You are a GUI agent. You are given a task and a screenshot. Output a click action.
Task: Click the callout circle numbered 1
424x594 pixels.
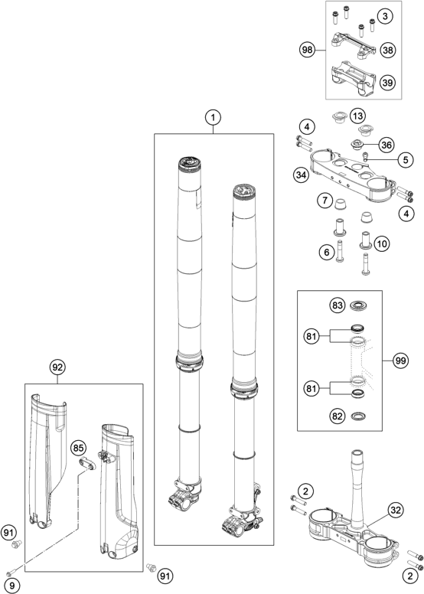[x=213, y=117]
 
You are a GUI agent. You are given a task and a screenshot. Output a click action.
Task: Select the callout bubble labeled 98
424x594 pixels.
[x=308, y=50]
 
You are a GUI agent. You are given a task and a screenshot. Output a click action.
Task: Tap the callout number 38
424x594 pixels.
[x=387, y=50]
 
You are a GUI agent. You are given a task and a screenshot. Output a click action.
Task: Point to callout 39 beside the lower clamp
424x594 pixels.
[x=387, y=82]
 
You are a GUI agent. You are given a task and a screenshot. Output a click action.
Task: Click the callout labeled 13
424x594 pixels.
[x=357, y=116]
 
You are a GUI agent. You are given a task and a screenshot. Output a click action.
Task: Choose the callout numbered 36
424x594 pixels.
[x=386, y=145]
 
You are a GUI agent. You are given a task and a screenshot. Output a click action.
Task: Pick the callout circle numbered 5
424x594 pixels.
[x=406, y=159]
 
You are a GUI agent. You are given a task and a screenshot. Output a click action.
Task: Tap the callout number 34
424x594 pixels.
[x=301, y=175]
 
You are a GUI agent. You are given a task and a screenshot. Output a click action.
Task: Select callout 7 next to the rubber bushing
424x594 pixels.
[x=325, y=200]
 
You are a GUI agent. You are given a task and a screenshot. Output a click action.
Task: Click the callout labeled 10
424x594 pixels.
[x=382, y=243]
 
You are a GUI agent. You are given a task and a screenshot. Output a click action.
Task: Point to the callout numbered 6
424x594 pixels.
[x=327, y=252]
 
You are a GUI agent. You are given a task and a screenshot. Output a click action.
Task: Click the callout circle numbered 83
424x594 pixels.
[x=338, y=305]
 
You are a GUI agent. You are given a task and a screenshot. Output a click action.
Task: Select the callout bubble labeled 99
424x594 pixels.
[x=400, y=361]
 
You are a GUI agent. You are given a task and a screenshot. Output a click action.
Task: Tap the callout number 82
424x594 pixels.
[x=338, y=416]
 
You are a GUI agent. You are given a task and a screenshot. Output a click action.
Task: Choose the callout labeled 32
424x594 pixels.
[x=396, y=511]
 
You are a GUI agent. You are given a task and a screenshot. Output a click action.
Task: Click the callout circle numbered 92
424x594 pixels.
[x=57, y=367]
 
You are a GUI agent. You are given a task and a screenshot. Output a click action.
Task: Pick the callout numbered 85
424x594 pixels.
[x=78, y=448]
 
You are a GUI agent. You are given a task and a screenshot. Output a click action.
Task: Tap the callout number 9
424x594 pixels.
[x=11, y=586]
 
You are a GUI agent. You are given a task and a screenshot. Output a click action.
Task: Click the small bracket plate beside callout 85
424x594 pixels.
[x=88, y=464]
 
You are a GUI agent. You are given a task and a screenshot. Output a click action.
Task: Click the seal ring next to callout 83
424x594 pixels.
[x=359, y=305]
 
